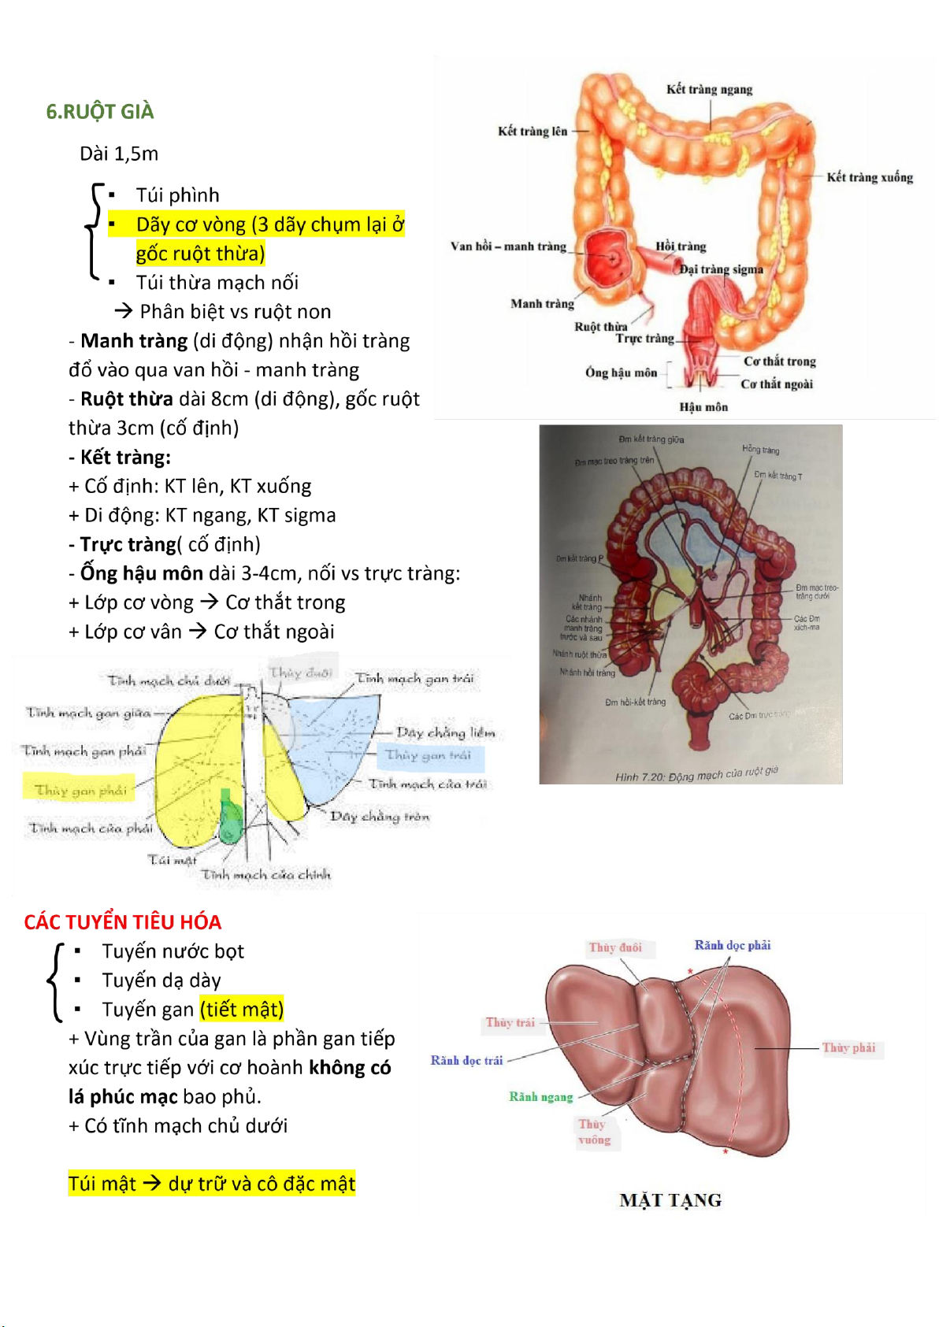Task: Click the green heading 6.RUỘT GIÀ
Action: click(x=100, y=112)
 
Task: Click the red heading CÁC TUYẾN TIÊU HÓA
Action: click(x=122, y=922)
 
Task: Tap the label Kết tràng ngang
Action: click(x=709, y=90)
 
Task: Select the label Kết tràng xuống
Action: click(x=870, y=178)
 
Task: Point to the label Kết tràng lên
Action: click(x=533, y=132)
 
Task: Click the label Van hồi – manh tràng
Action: click(x=508, y=246)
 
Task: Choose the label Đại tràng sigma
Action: click(x=722, y=269)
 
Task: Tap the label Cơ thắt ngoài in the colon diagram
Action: click(x=777, y=384)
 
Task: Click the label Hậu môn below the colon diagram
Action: click(x=703, y=407)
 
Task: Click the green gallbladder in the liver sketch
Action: click(x=230, y=819)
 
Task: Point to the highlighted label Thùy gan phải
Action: click(x=80, y=790)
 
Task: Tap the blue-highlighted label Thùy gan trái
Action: click(x=429, y=755)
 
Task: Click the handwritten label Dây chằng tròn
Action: click(x=380, y=817)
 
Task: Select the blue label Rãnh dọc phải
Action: click(x=732, y=946)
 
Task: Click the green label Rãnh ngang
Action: click(x=540, y=1097)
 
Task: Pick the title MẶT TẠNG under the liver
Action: click(x=670, y=1200)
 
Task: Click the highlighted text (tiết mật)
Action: click(x=242, y=1010)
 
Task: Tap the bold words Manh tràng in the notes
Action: click(x=134, y=341)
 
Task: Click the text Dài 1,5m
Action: click(x=119, y=154)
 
